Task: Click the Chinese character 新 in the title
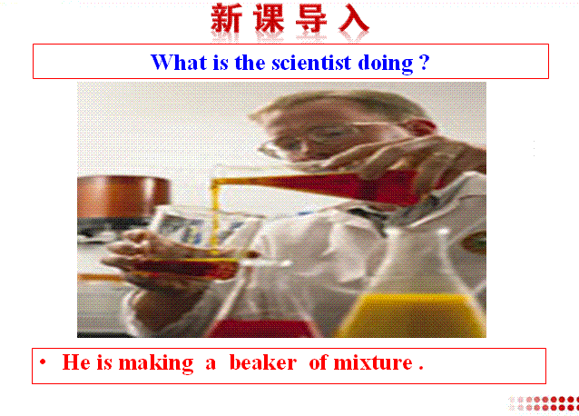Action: tap(226, 18)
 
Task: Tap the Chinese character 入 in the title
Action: tap(353, 18)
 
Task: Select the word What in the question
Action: tap(179, 62)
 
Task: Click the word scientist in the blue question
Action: tap(311, 62)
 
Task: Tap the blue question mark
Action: tap(425, 62)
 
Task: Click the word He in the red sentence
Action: tap(76, 362)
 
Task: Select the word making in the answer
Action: tap(156, 363)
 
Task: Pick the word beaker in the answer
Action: tap(263, 362)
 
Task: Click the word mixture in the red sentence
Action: tap(373, 362)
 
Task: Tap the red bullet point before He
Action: tap(43, 362)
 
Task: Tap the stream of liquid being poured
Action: tap(214, 218)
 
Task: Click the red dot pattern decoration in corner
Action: tap(544, 403)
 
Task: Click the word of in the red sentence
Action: tap(318, 362)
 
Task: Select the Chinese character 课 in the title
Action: tap(269, 18)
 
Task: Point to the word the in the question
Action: tap(250, 62)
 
